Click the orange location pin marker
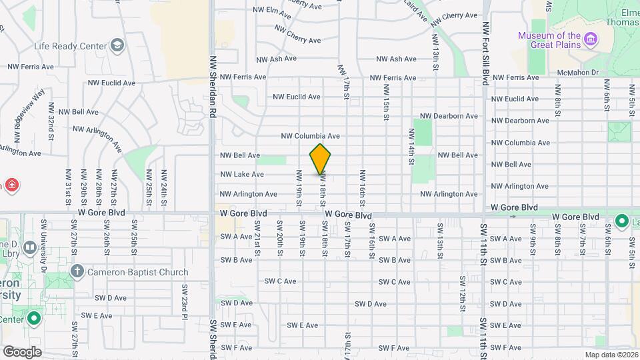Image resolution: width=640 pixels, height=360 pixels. point(321,159)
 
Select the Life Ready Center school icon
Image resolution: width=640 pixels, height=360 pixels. point(117,45)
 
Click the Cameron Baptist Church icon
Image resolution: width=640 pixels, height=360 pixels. point(77,271)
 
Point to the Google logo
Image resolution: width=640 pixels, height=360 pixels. point(22,351)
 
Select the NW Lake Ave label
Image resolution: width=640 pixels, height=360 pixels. point(242,175)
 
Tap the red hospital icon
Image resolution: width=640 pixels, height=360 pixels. point(11,184)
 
